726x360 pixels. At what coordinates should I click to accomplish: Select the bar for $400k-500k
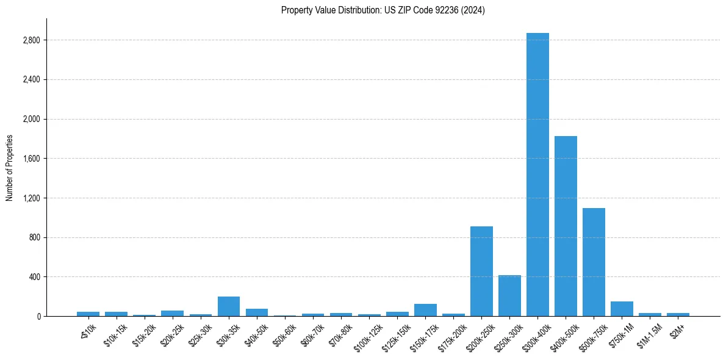[x=566, y=226]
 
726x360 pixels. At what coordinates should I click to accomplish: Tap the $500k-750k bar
[x=594, y=262]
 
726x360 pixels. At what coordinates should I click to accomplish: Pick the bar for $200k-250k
[x=481, y=271]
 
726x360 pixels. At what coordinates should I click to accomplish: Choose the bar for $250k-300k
[x=509, y=295]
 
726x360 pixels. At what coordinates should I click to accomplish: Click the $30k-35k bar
[x=229, y=306]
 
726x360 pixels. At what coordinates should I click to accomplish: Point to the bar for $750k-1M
[x=622, y=309]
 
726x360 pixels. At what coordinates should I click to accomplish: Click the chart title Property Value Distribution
[x=383, y=10]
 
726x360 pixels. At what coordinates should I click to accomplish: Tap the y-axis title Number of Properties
[x=10, y=168]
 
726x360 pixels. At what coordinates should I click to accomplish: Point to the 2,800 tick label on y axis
[x=31, y=40]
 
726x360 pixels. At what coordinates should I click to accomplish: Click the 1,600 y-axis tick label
[x=31, y=159]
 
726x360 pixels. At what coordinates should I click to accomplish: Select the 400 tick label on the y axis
[x=34, y=277]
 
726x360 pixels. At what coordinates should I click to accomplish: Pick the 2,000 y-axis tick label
[x=31, y=119]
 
